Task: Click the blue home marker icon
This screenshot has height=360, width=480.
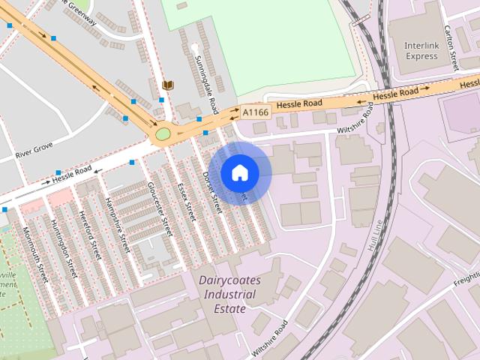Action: click(x=239, y=172)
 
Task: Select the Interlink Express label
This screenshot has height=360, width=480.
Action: click(x=421, y=50)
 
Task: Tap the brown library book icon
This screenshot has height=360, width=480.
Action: click(x=168, y=85)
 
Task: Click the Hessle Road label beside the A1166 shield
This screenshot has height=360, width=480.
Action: click(x=298, y=103)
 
